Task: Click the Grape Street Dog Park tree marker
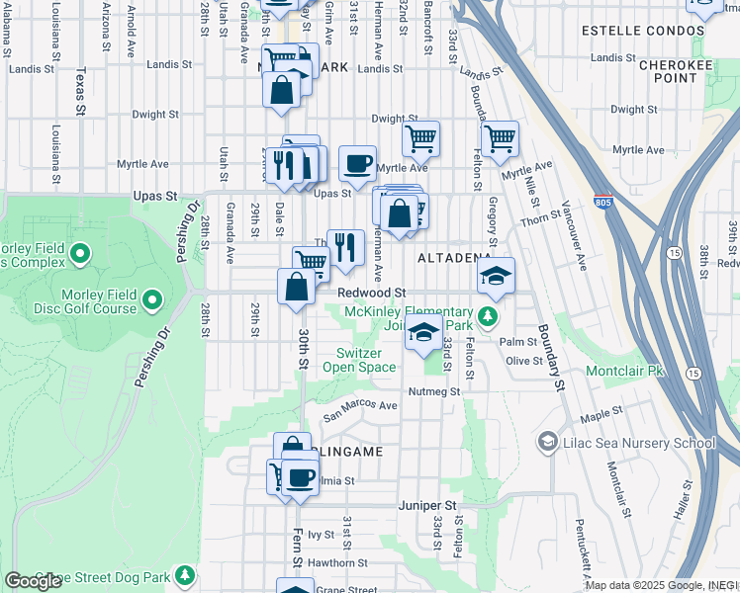(x=183, y=574)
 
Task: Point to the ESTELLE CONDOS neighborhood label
(x=642, y=31)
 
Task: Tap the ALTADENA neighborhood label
(x=454, y=258)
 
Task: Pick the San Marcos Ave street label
(x=360, y=405)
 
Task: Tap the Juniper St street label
(x=427, y=505)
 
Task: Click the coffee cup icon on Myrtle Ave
(x=357, y=163)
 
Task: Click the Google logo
(x=33, y=581)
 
